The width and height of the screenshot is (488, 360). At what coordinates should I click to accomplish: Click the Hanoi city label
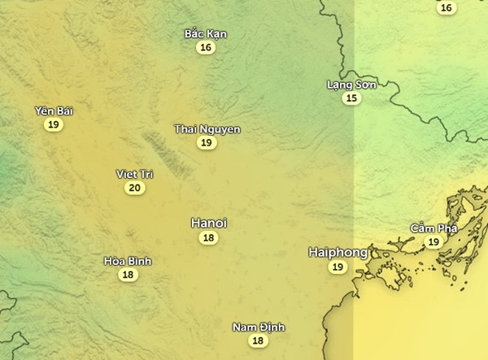coord(209,223)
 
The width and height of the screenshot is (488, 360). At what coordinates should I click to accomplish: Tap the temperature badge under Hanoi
coord(209,238)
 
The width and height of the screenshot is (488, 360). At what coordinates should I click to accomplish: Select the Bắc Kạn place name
coord(206,34)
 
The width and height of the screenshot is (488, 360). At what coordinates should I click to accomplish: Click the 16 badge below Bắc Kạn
coord(206,48)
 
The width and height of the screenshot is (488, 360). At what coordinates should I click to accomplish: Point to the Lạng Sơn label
coord(351,85)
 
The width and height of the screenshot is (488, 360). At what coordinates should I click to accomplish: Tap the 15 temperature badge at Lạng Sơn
coord(351,98)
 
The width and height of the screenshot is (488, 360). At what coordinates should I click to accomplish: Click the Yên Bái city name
coord(54,111)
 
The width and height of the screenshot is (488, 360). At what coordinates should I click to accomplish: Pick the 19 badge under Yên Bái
coord(54,124)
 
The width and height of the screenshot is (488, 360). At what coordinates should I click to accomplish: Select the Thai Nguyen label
coord(207,129)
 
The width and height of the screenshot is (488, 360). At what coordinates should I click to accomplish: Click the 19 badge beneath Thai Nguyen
coord(207,143)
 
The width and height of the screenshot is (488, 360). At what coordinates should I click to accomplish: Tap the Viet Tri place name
coord(135,174)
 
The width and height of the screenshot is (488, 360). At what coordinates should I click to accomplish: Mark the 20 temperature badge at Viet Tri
coord(135,189)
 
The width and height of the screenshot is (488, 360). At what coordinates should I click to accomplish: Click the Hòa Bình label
coord(128,261)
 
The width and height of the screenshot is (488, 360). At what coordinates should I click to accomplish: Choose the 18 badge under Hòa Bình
coord(128,275)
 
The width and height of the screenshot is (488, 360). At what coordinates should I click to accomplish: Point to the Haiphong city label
coord(338,253)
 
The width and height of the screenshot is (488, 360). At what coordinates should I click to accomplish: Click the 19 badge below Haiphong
coord(338,267)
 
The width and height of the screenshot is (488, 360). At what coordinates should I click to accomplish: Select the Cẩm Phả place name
coord(434,228)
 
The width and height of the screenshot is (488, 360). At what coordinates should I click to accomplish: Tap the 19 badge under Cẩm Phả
coord(434,242)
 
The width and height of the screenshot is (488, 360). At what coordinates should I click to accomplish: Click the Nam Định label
coord(258,327)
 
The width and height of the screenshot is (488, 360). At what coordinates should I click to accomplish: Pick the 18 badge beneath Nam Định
coord(258,341)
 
